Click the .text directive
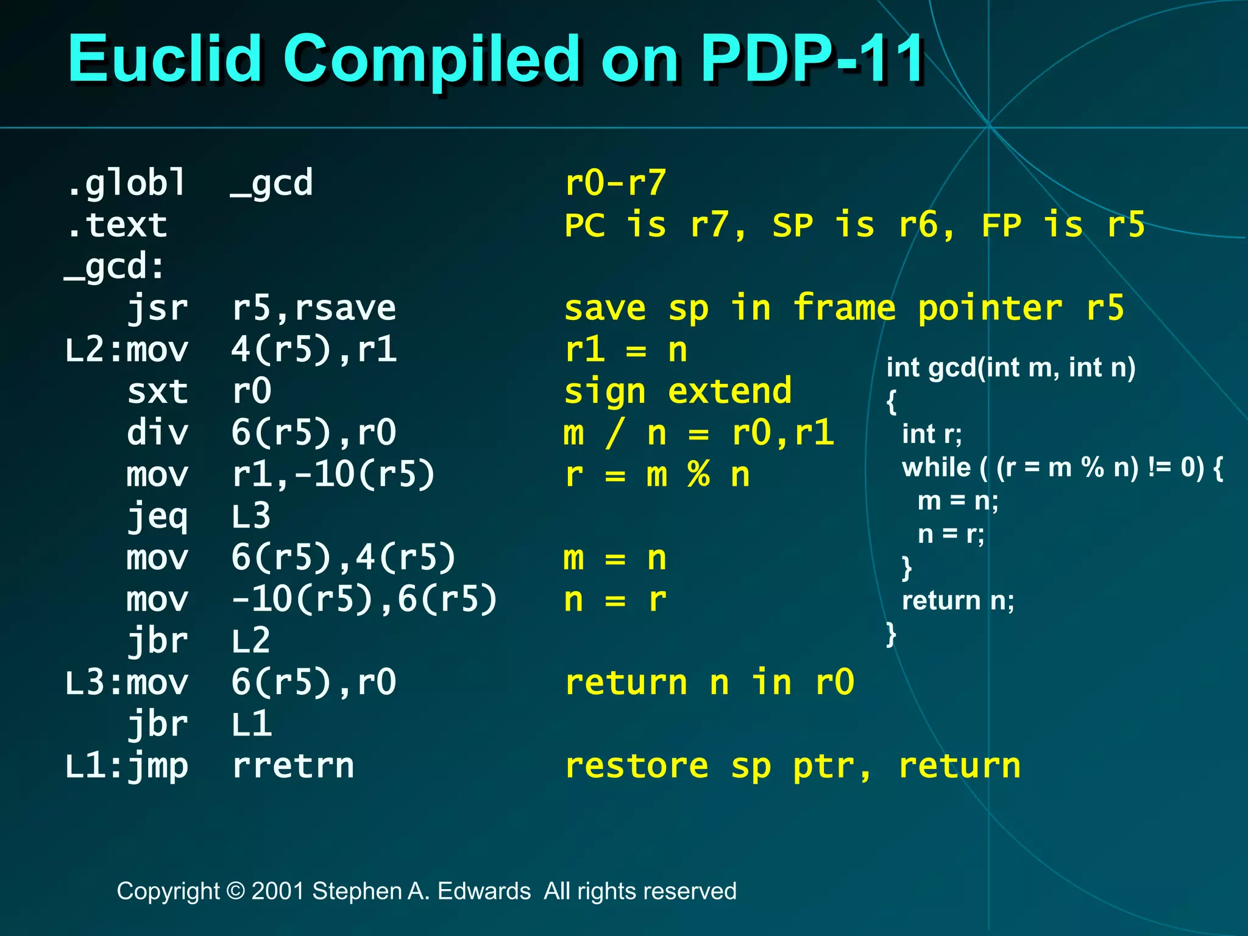(x=116, y=225)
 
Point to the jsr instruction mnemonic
(x=157, y=308)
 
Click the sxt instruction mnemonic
(x=157, y=391)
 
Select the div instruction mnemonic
(x=157, y=433)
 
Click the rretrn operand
(x=293, y=766)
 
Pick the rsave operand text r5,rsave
(x=314, y=308)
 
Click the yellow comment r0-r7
(x=615, y=183)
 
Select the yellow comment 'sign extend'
(x=678, y=391)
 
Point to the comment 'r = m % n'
(x=657, y=475)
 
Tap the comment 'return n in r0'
(x=709, y=682)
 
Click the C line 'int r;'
(x=932, y=434)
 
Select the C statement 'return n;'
(x=958, y=601)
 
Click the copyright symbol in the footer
(x=235, y=891)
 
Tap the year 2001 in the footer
(x=278, y=891)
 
